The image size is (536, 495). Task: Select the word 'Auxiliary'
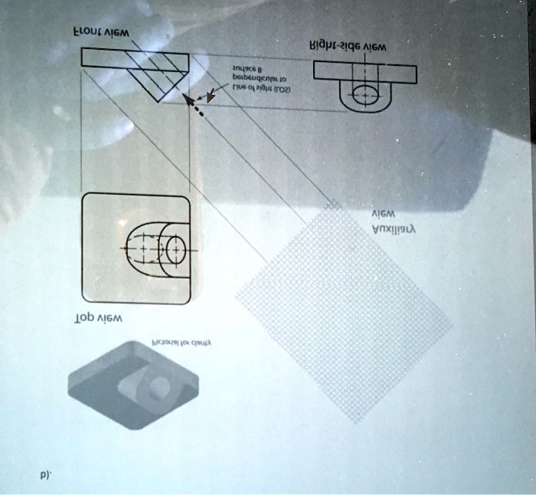[x=393, y=229]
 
